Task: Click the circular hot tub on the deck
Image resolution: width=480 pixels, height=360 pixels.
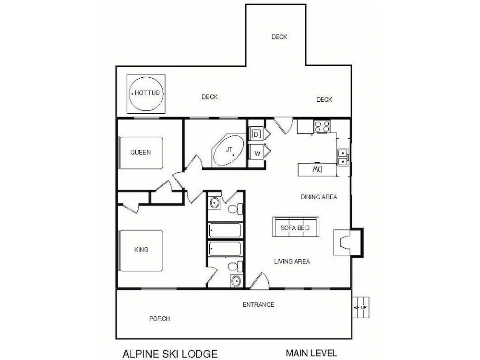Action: tap(146, 93)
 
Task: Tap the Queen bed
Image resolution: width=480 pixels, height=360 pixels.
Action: tap(141, 153)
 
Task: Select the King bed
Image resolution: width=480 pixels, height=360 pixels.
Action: tap(141, 250)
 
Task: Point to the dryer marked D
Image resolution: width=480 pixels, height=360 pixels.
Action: tap(256, 134)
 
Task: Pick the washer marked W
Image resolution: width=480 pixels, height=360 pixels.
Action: tap(256, 154)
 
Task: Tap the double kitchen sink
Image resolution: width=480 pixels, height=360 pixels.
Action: tap(343, 157)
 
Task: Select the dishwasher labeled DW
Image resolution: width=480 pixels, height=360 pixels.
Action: tap(317, 170)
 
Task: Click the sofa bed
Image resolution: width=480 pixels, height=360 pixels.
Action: tap(295, 227)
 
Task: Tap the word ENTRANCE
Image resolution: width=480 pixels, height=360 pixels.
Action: tap(258, 305)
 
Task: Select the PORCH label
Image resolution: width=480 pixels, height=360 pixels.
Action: tap(159, 319)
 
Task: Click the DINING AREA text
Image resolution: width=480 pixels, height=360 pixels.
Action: tap(319, 197)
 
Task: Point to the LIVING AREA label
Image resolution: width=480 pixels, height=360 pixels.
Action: tap(292, 262)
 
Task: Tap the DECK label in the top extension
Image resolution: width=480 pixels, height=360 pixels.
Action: tap(279, 37)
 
